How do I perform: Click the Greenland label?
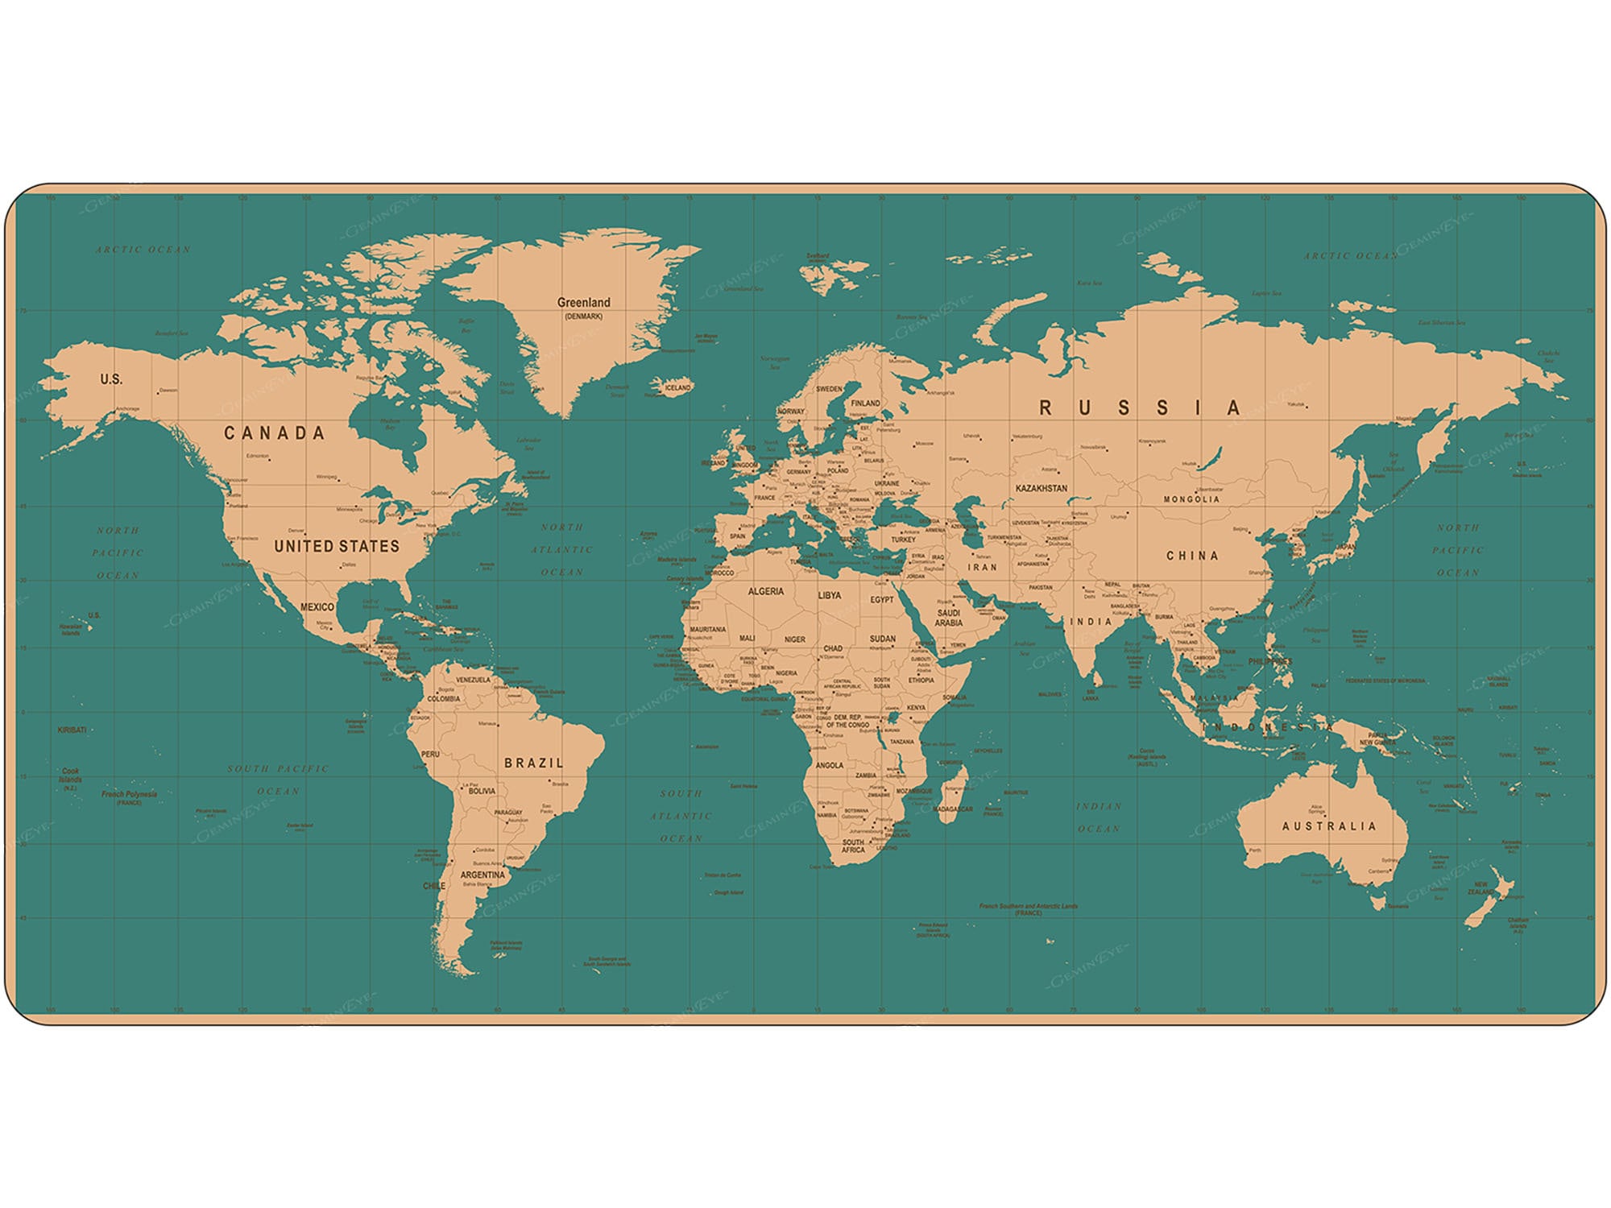583,303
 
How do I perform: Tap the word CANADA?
274,433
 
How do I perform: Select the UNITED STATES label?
337,546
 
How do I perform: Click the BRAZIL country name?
533,763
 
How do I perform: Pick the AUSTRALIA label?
1329,826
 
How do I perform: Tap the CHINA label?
1192,556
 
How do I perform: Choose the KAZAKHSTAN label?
1041,489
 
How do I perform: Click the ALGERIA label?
765,591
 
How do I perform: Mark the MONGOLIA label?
1191,499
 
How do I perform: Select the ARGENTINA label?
482,875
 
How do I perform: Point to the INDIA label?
1091,622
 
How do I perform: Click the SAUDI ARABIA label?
948,618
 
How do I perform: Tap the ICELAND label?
677,387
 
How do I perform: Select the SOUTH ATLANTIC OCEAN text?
681,816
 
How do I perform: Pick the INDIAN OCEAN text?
1099,817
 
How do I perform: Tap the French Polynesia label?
129,794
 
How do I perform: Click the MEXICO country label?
317,606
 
